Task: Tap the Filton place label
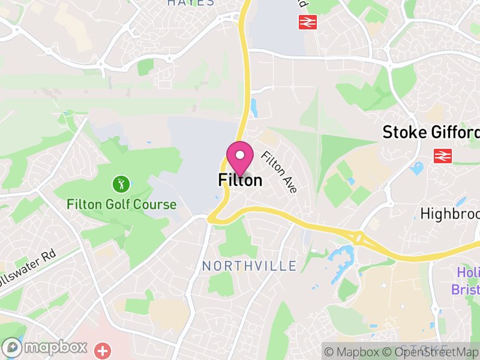tap(240, 180)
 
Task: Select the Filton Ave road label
tap(279, 172)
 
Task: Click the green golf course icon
tap(121, 184)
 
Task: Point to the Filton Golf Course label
tap(122, 205)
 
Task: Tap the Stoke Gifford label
tap(431, 132)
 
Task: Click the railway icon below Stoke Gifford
tap(443, 156)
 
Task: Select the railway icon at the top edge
tap(307, 22)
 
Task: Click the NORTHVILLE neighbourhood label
tap(249, 266)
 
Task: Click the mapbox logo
tap(45, 347)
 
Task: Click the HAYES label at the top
tap(191, 3)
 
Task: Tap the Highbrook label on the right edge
tap(449, 214)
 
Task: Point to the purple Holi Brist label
tap(466, 281)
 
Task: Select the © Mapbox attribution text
tap(354, 352)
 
